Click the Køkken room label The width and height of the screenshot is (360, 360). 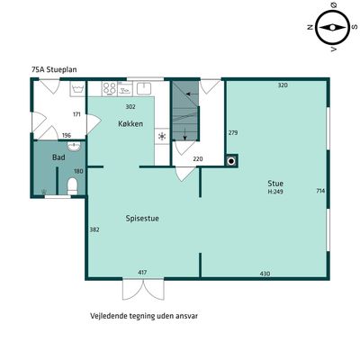tap(130, 123)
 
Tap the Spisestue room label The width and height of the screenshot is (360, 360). tap(142, 219)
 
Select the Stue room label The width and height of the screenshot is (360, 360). tap(275, 184)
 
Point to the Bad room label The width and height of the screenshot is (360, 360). tap(58, 157)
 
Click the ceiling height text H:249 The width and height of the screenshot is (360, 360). tap(275, 192)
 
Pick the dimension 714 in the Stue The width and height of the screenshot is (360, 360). tap(320, 191)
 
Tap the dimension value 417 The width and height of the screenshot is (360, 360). tap(142, 273)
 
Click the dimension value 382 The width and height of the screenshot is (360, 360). tap(94, 229)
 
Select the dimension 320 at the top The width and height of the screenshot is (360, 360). tap(283, 85)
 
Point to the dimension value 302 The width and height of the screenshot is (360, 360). tap(130, 107)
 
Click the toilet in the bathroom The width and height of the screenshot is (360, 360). tap(72, 186)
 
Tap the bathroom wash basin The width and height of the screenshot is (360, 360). tap(74, 147)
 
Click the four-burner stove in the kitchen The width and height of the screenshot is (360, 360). tap(109, 88)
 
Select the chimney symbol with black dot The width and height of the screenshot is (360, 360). tap(231, 162)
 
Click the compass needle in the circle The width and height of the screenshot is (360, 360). tap(332, 28)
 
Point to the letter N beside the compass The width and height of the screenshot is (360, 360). tap(310, 27)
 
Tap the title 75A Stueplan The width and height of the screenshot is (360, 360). tap(54, 69)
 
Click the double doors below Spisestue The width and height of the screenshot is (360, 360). tap(143, 289)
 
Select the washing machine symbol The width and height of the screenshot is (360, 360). tap(78, 89)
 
